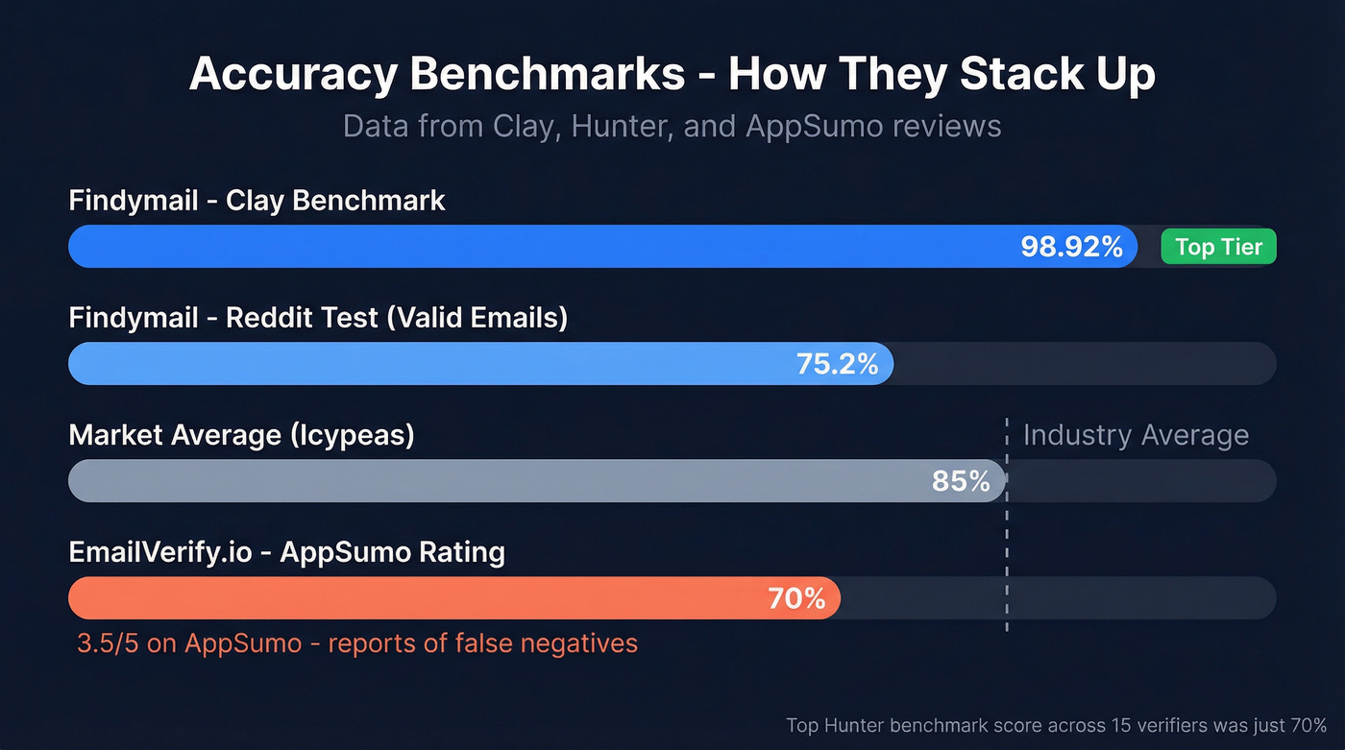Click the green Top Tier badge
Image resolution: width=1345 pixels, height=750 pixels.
[x=1218, y=247]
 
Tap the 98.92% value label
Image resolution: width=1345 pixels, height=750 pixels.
[x=1071, y=247]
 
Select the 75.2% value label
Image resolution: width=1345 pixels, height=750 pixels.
[x=837, y=364]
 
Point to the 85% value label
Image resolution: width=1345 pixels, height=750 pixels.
[x=961, y=481]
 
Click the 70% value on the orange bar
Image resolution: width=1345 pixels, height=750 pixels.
[x=796, y=598]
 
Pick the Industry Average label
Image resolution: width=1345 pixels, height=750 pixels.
[x=1136, y=435]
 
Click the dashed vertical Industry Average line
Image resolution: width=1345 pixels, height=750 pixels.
[x=1007, y=538]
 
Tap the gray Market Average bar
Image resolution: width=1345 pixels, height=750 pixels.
[x=480, y=481]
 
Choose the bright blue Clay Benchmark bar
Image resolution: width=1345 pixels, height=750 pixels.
[x=528, y=247]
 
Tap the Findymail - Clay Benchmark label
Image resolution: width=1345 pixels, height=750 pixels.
[x=257, y=201]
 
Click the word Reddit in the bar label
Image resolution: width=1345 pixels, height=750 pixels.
[x=271, y=318]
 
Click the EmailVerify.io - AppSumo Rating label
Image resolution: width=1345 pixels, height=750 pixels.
[x=286, y=552]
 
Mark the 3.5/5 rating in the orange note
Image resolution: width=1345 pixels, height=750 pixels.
[x=108, y=642]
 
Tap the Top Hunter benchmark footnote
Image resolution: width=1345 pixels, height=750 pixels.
[x=1055, y=725]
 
